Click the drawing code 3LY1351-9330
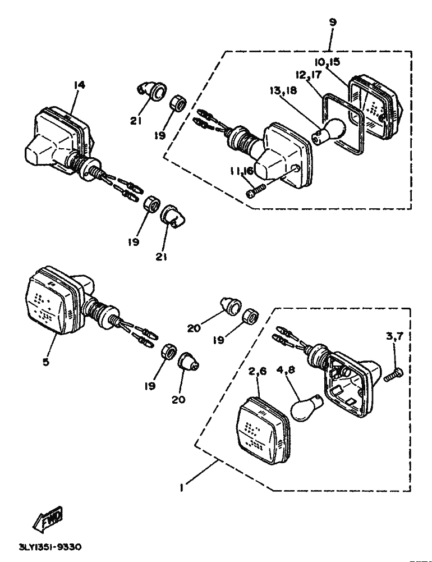pyautogui.click(x=50, y=547)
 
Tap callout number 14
pyautogui.click(x=80, y=85)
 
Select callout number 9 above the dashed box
pyautogui.click(x=333, y=22)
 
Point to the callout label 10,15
pyautogui.click(x=328, y=62)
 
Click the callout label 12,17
pyautogui.click(x=309, y=75)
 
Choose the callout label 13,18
pyautogui.click(x=283, y=91)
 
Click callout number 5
pyautogui.click(x=45, y=362)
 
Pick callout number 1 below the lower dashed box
pyautogui.click(x=182, y=488)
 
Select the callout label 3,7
pyautogui.click(x=394, y=336)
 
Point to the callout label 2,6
pyautogui.click(x=258, y=372)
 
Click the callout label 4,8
pyautogui.click(x=286, y=370)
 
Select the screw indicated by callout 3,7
pyautogui.click(x=393, y=374)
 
